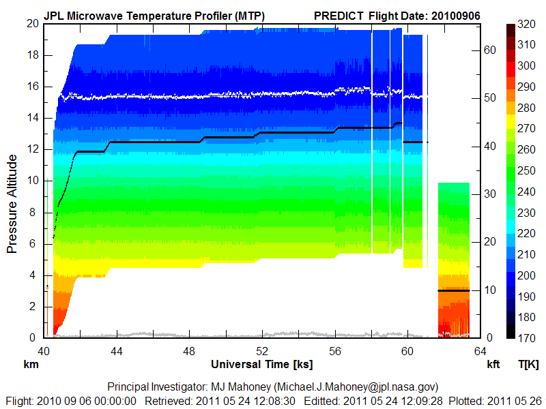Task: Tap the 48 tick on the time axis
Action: [189, 351]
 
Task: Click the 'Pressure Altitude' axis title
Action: [12, 203]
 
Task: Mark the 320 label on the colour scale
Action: [526, 23]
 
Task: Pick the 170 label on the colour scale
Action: [526, 338]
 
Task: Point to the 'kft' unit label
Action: [493, 365]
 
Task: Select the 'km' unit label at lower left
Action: [30, 365]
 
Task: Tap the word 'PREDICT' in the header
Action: [339, 15]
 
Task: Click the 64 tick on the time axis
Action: [480, 351]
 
